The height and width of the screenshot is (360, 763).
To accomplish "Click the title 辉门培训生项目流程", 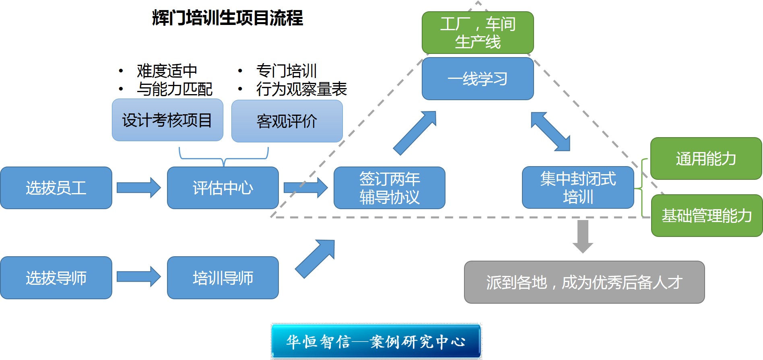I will [227, 18].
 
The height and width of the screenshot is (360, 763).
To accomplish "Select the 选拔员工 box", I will [56, 188].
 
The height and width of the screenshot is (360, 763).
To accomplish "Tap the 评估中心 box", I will [223, 188].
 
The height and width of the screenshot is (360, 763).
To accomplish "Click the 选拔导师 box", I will [56, 278].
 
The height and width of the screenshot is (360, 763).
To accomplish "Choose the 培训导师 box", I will [223, 278].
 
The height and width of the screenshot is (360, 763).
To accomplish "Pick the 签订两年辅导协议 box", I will [389, 188].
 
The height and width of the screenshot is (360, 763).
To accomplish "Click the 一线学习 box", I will [478, 79].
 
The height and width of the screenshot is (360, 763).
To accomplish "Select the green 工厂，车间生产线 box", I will [478, 33].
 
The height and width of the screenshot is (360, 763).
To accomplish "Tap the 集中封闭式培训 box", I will [578, 187].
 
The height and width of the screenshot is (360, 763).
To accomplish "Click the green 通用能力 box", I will [706, 158].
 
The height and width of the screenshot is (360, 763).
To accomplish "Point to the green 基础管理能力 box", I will [707, 216].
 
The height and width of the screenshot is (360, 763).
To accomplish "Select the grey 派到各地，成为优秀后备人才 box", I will [584, 282].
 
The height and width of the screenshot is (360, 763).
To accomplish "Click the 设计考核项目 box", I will [167, 120].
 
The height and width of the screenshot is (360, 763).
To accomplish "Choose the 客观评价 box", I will [287, 121].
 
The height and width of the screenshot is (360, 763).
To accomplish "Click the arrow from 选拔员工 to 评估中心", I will [138, 187].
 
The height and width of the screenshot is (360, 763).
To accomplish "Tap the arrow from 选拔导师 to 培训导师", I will [138, 277].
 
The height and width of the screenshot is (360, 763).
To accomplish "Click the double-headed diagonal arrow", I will [551, 132].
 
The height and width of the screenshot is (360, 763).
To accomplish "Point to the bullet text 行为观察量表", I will [301, 89].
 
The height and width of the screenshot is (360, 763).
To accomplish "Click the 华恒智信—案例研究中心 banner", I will [376, 341].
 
